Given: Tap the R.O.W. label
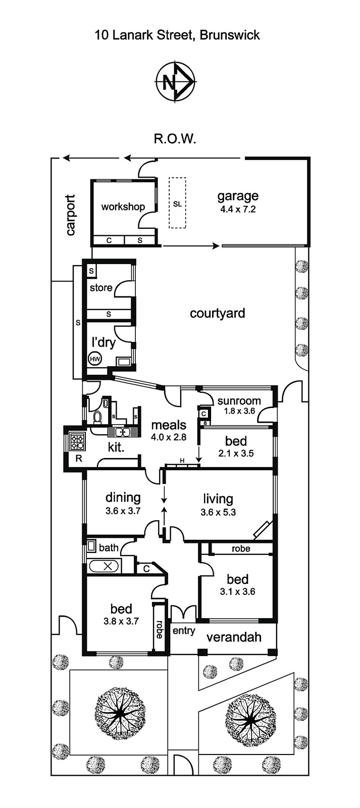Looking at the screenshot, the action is [x=175, y=139].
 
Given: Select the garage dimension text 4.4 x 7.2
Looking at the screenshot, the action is [x=238, y=209].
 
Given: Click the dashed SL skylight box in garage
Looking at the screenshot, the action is [x=177, y=203].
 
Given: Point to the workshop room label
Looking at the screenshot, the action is [x=123, y=207].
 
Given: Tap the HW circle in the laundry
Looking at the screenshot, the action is [x=95, y=359].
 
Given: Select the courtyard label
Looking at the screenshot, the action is [x=217, y=313].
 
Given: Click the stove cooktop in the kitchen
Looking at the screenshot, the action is [x=78, y=441].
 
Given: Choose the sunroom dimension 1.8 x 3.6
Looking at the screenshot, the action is [x=239, y=411].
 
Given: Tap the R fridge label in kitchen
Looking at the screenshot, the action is [x=79, y=459].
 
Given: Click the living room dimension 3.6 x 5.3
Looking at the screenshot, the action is [x=218, y=512].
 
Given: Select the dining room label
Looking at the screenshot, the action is [x=123, y=498].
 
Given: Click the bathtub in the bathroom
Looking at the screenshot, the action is [x=104, y=566].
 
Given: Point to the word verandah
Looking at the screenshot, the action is [x=234, y=637].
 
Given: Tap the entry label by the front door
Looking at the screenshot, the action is [x=184, y=631].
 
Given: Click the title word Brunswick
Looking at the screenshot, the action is [x=229, y=35].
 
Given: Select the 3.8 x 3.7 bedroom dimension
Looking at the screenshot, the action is [x=121, y=621].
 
